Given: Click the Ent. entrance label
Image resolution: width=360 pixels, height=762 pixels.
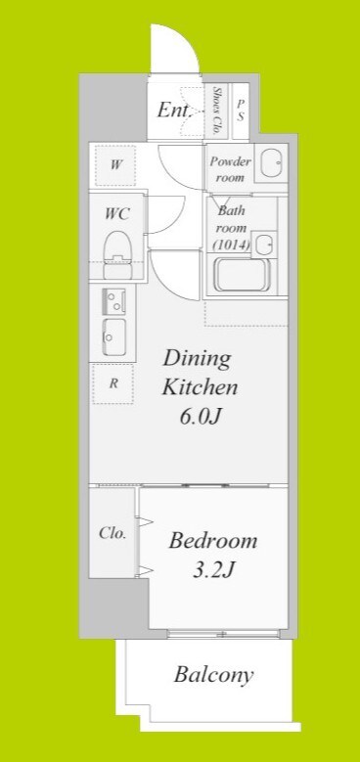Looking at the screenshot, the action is point(174,111).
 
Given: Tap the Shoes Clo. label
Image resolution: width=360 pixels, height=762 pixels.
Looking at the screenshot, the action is point(218,111).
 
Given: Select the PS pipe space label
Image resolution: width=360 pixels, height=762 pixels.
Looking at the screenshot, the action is point(240,111).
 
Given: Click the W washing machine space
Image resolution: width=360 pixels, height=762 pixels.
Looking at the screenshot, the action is point(115,164).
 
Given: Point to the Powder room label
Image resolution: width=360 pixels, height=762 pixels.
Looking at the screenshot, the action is point(230,169).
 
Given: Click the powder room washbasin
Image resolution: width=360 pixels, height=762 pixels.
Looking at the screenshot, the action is point(271,162).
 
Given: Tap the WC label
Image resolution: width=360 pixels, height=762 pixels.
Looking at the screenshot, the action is point(117,213).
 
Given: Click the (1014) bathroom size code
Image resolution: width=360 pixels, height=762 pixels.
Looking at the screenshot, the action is point(231,246).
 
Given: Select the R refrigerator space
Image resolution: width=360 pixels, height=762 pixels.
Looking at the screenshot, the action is point(112,383).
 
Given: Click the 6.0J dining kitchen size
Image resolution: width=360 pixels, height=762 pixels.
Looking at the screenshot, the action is point(202,418).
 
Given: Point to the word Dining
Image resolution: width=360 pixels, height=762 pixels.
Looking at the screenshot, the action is point(197,360).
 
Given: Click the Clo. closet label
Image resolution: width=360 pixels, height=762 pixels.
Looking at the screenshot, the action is point(112,533).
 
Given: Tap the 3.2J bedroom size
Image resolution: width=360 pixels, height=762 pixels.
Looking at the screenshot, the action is point(214,569).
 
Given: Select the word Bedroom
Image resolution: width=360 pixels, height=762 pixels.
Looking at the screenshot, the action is point(212,541).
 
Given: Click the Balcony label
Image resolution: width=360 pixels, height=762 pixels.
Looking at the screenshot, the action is point(214,675).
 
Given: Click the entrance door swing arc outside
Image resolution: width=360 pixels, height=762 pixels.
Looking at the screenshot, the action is point(187,36).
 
